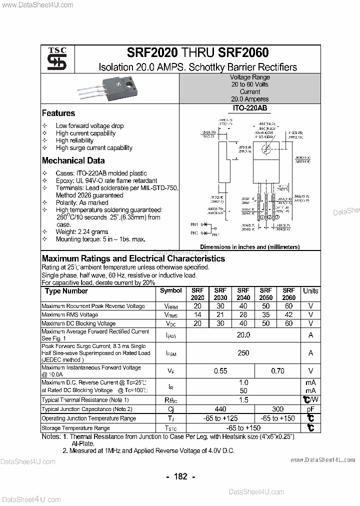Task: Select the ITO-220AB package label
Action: point(250,108)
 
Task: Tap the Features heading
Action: point(58,113)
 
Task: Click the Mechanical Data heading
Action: point(73,161)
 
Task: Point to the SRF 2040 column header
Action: point(243,294)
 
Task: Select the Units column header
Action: point(310,291)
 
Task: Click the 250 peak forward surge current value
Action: point(243,353)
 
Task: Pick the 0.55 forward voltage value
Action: point(220,371)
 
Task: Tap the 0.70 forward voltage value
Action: point(277,371)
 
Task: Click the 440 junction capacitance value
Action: point(220,409)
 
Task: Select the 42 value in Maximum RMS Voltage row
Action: point(288,315)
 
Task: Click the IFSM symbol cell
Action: point(171,353)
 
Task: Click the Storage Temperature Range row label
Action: point(75,428)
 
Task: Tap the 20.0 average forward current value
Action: point(243,335)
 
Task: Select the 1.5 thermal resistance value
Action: point(243,400)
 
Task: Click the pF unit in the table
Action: point(310,409)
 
